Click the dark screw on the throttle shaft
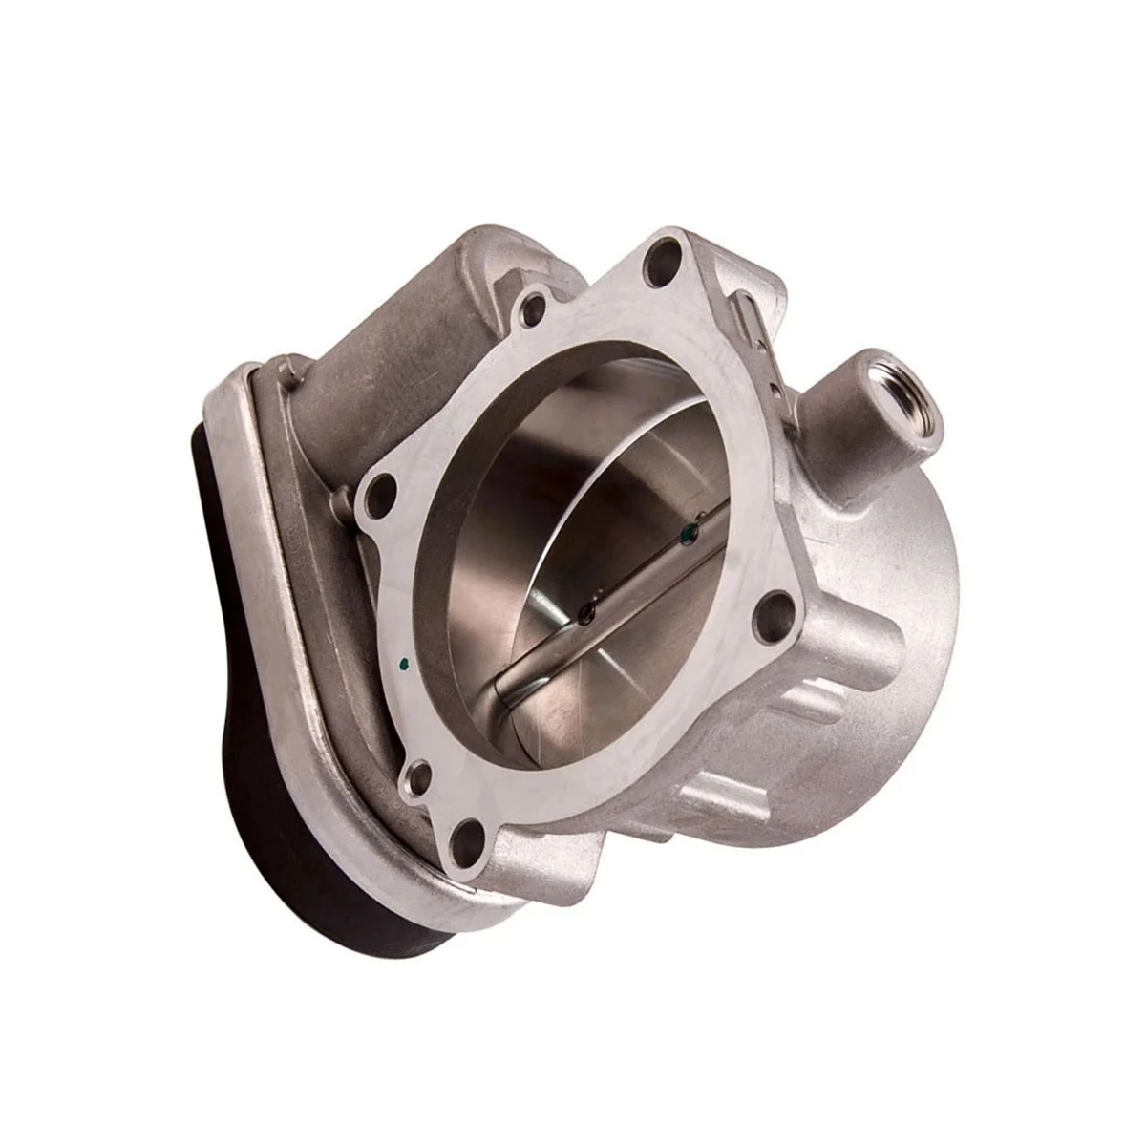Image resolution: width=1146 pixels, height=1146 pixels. [x=586, y=611]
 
